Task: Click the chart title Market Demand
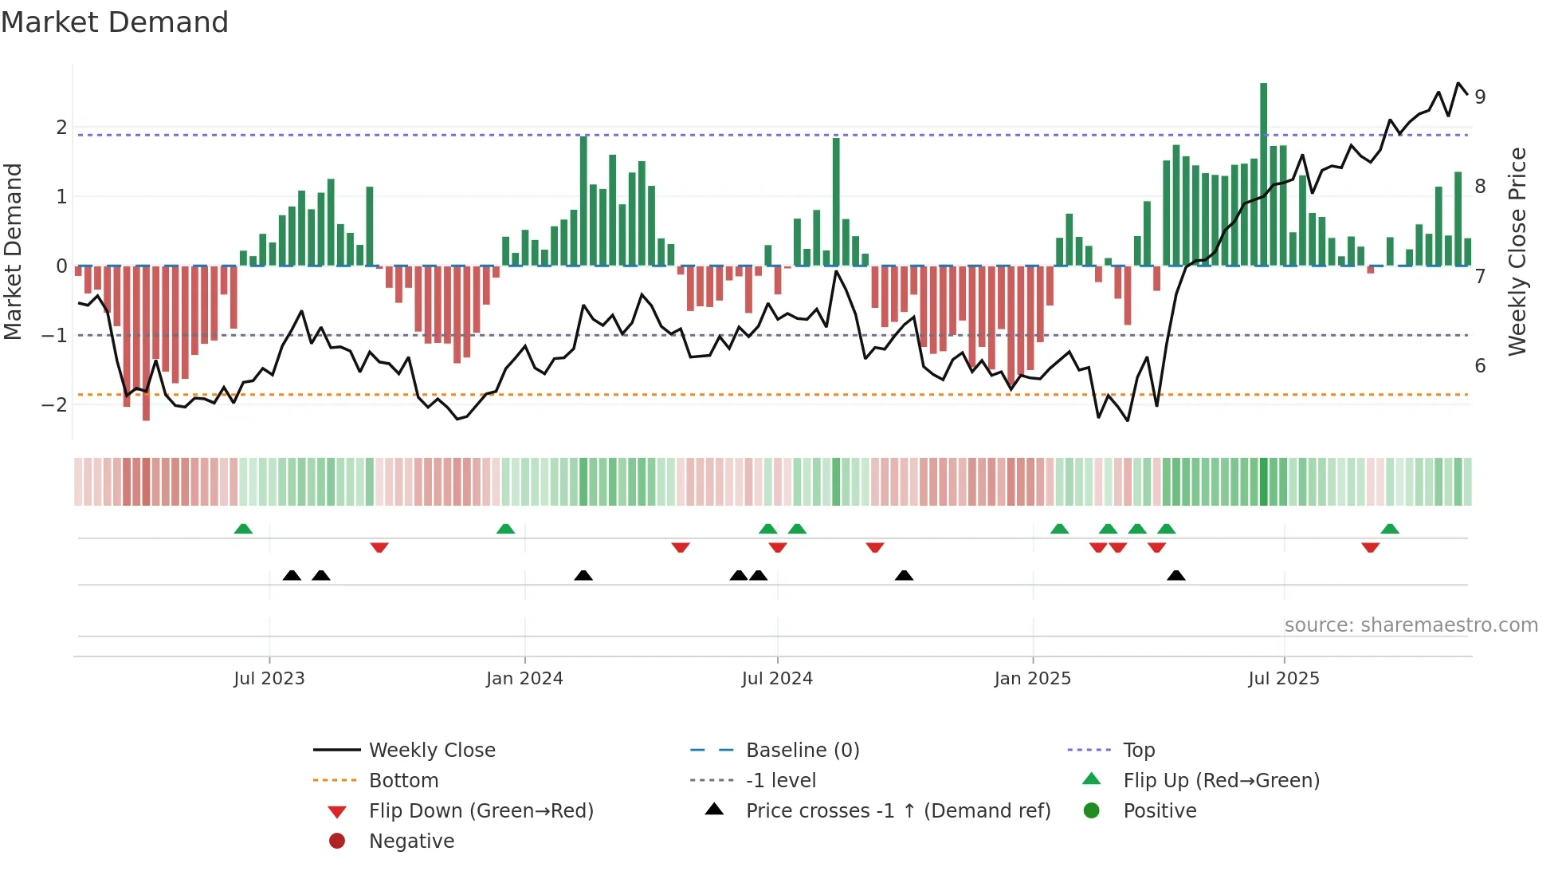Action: coord(115,22)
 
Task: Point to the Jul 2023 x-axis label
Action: coord(269,679)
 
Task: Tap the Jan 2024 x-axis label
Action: coord(524,679)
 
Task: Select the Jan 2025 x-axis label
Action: coord(1033,679)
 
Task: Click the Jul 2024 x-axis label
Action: coord(777,679)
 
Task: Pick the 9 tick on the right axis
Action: coord(1480,97)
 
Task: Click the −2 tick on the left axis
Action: coord(54,404)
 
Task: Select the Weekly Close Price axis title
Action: coord(1517,251)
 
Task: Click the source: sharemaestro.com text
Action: coord(1411,625)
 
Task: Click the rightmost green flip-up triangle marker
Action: coord(1390,529)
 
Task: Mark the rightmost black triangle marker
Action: coord(1176,575)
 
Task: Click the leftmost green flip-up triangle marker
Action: coord(243,529)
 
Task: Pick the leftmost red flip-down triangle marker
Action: coord(379,547)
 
